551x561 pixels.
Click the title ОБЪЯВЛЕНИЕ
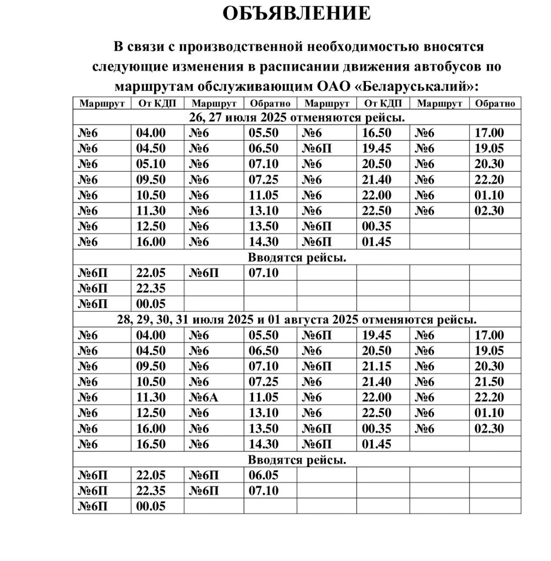(296, 13)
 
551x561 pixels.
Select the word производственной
(241, 47)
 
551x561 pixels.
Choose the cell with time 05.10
(151, 164)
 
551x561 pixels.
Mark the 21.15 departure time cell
(376, 366)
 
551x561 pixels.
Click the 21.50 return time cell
(489, 382)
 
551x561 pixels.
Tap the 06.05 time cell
(263, 475)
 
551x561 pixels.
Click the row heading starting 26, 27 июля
(297, 117)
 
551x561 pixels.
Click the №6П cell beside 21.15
(317, 366)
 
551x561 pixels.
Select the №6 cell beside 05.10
(88, 164)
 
